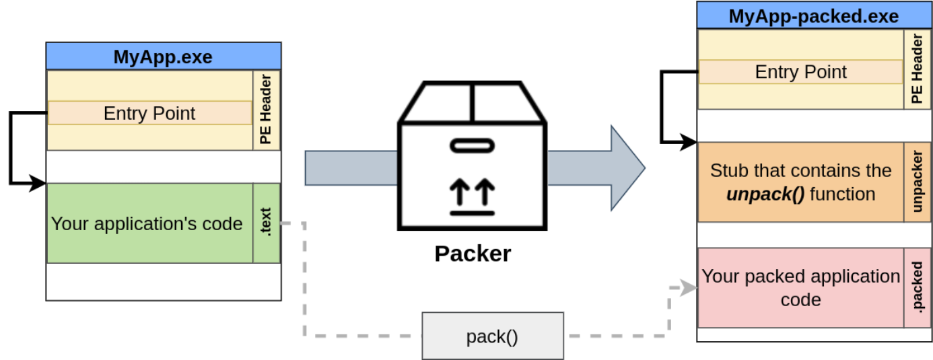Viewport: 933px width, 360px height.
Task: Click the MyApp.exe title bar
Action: pos(163,57)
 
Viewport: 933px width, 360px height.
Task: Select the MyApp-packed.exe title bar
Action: pos(813,15)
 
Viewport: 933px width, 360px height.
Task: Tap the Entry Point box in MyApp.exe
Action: pos(149,113)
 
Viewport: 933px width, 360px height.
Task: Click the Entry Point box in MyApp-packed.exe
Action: pos(800,72)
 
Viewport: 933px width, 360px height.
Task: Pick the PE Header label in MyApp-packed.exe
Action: pos(917,69)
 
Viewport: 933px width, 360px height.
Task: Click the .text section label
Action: pos(267,223)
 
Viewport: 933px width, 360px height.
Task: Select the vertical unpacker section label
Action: pos(917,182)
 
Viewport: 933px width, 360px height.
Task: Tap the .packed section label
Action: pos(917,288)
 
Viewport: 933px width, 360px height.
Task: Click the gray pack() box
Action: pos(492,336)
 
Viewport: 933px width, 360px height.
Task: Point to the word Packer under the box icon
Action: pos(473,254)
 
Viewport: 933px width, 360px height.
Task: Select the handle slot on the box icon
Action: pos(473,145)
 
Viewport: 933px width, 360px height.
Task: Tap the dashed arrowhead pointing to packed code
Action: pos(688,288)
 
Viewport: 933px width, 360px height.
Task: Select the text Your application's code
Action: pos(147,223)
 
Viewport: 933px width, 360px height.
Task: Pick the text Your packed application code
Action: pos(800,287)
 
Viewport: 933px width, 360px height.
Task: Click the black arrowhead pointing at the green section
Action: pos(39,183)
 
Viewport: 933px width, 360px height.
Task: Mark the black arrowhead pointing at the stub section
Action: pos(690,142)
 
